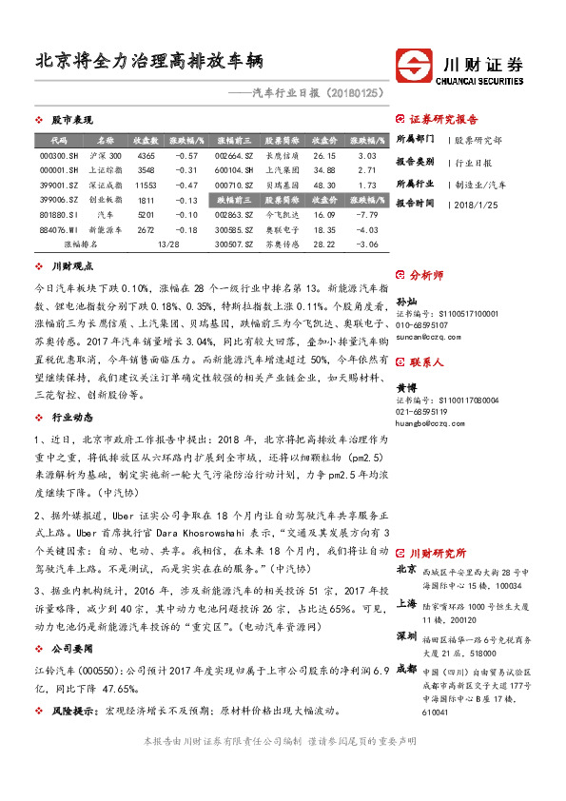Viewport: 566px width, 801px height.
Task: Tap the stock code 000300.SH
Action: pos(59,155)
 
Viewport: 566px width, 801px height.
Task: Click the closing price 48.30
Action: pos(324,186)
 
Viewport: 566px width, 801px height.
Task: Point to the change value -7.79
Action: pos(366,215)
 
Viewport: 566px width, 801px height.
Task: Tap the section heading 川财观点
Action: pos(72,267)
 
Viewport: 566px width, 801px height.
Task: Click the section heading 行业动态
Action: pos(72,391)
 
